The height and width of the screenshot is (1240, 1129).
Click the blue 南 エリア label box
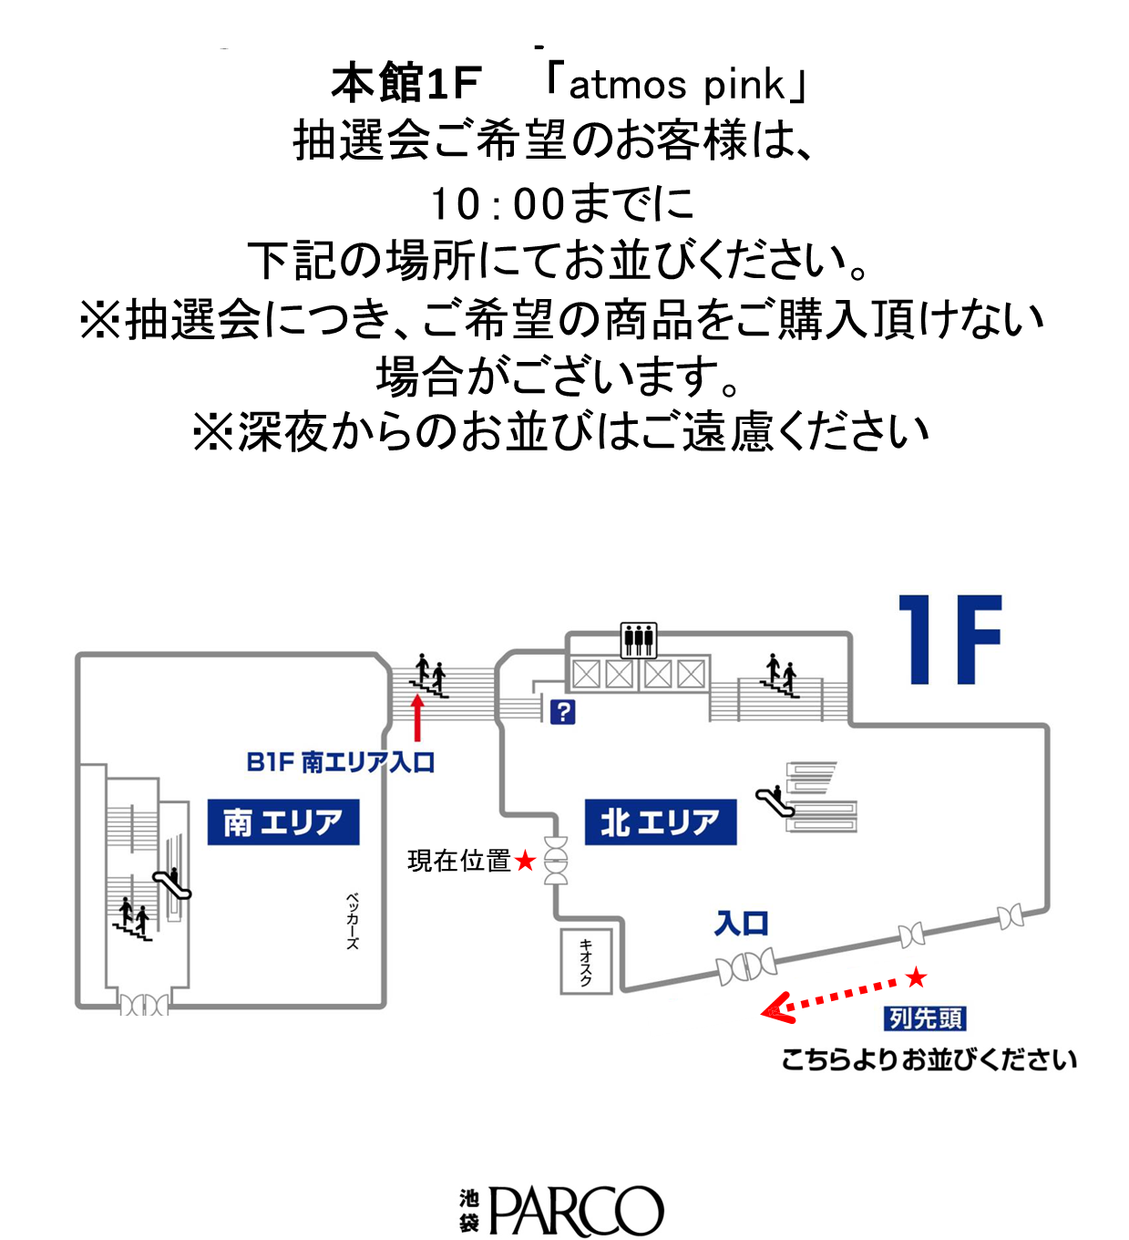(283, 821)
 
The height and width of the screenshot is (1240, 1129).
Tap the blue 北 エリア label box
(660, 821)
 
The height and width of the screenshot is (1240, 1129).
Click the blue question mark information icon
(562, 711)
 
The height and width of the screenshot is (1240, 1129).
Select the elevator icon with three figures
(639, 640)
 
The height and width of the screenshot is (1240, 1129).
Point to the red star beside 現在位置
(525, 861)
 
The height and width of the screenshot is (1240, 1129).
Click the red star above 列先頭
(916, 977)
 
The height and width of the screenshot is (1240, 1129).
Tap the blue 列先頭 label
(925, 1018)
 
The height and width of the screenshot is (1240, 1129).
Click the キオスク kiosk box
(586, 961)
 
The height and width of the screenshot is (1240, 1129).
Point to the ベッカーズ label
(352, 920)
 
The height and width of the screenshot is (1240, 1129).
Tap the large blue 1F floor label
(949, 640)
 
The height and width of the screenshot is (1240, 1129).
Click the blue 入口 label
(741, 924)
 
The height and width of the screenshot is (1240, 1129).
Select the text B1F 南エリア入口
(341, 762)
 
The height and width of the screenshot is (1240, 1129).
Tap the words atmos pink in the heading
(676, 86)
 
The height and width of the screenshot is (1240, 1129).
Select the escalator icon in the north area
(775, 801)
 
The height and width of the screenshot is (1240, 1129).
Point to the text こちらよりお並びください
(929, 1059)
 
